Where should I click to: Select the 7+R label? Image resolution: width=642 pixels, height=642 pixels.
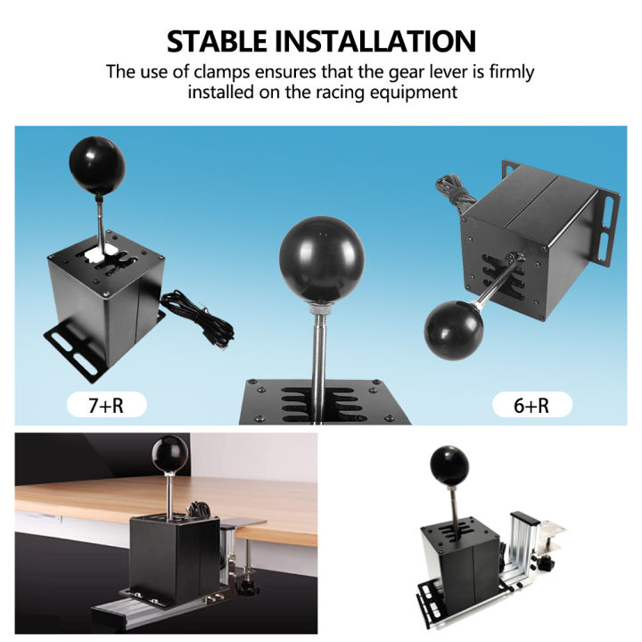click(x=106, y=406)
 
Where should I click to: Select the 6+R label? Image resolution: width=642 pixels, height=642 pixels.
click(x=531, y=406)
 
